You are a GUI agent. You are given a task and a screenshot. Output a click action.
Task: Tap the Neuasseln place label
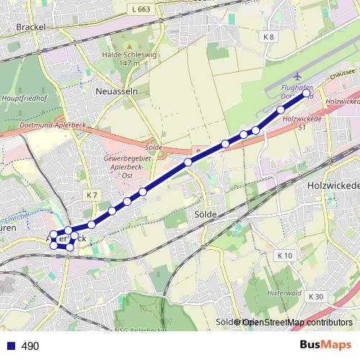coord(112,91)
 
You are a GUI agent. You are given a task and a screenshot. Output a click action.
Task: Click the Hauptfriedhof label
coord(20,94)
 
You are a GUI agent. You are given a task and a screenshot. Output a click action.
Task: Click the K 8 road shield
coord(269,37)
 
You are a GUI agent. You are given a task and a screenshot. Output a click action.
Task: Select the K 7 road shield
coord(91,195)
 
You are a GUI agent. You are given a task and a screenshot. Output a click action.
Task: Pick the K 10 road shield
coord(285,256)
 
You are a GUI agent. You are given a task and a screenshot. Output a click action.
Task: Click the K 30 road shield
coord(316,297)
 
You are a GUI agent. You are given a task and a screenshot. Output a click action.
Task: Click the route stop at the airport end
coord(306,94)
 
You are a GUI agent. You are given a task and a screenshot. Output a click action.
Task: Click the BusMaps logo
coord(326,346)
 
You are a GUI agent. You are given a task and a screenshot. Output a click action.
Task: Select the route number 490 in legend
coord(30,346)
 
